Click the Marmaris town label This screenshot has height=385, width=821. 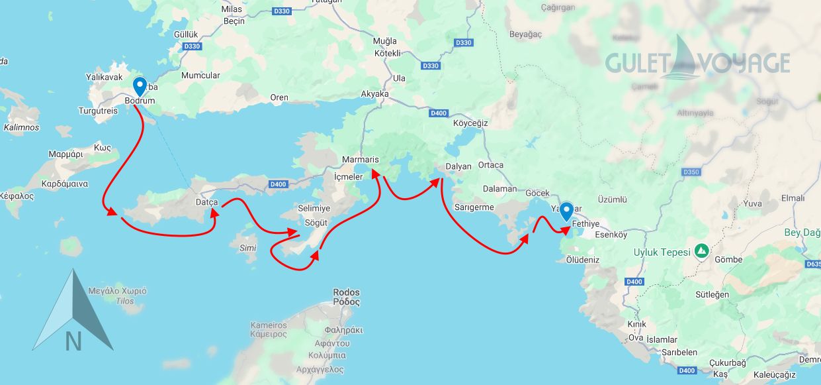pos(360,160)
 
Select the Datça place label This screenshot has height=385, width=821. pos(207,201)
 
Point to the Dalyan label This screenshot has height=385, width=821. pos(458,166)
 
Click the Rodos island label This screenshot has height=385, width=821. pos(347,297)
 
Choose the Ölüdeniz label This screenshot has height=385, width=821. pos(583,260)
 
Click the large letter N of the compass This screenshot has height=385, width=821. pos(73,341)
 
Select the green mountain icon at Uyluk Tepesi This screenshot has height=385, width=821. pos(701,251)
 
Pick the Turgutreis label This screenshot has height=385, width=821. pos(98,111)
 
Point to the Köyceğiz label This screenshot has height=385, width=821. pos(470,123)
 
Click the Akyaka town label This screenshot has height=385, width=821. pos(374,94)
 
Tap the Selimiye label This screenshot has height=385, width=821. pos(314,208)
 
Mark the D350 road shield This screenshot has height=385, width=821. pos(691,172)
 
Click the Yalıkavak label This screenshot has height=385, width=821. pos(105,78)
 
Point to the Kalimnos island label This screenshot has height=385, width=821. pos(21,127)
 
